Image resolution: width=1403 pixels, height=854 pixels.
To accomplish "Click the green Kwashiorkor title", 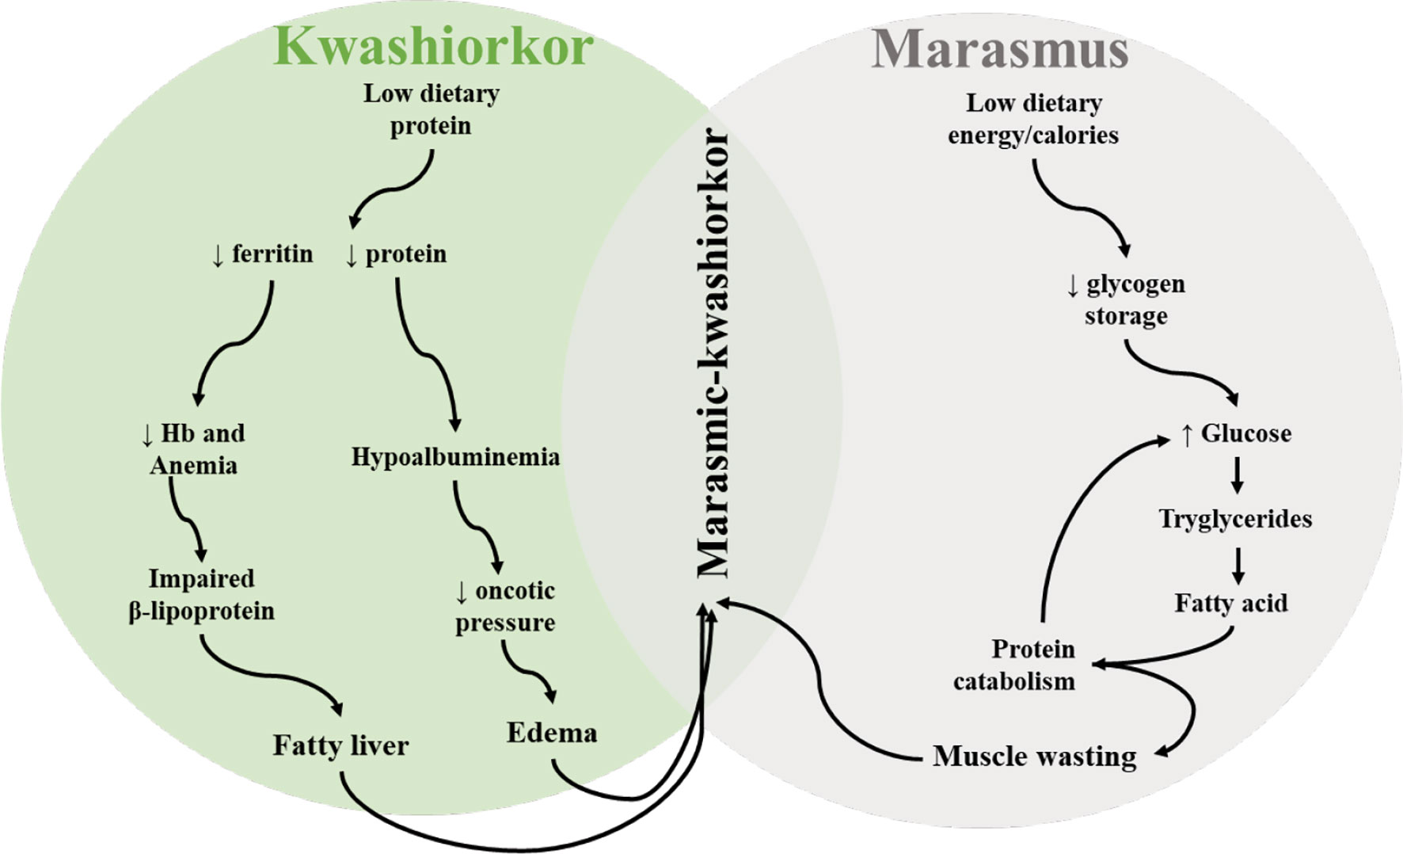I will click(433, 46).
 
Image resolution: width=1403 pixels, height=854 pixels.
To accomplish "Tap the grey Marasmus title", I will click(999, 49).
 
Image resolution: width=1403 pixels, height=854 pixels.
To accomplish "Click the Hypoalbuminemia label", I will click(455, 457).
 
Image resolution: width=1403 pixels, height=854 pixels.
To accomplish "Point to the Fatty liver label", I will click(340, 745).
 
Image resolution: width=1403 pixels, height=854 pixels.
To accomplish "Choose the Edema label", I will click(552, 733).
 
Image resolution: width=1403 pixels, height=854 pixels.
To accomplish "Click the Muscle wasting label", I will click(1034, 757).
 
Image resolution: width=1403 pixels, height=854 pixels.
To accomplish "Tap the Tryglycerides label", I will click(1235, 519).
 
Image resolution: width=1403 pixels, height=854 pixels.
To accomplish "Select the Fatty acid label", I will click(1231, 604).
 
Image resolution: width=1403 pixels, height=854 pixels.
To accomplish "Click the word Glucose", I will click(1245, 433).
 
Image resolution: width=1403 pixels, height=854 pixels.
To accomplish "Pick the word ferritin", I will click(272, 254).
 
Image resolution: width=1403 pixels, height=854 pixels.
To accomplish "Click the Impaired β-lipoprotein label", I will click(201, 595).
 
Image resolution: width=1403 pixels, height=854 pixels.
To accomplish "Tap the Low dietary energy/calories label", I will click(1033, 119).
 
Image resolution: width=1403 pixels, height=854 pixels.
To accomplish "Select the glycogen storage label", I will click(1126, 299).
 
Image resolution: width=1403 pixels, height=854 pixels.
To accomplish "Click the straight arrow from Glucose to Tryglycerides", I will click(1237, 476).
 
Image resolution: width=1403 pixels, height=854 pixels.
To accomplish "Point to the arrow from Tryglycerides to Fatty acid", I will click(1238, 564).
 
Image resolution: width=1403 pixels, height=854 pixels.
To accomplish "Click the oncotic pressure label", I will click(505, 607).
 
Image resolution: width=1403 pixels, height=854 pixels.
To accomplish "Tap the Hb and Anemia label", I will click(193, 449).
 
